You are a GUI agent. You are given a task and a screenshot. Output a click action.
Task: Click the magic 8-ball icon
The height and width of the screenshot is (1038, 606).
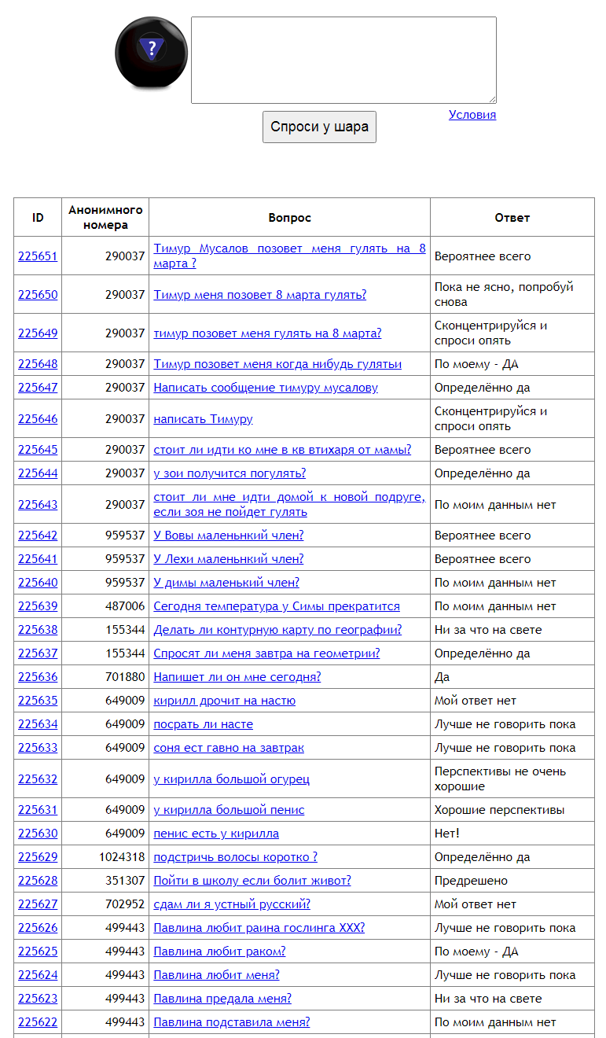[x=152, y=53]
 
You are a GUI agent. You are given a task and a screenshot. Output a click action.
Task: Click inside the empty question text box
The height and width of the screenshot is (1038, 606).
[x=343, y=60]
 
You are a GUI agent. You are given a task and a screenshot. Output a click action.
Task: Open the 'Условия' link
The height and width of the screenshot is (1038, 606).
[x=472, y=115]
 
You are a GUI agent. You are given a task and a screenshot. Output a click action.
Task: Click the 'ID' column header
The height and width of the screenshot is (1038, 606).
[x=38, y=218]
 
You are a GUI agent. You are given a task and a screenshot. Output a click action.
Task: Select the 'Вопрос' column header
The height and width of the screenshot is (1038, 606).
[x=289, y=218]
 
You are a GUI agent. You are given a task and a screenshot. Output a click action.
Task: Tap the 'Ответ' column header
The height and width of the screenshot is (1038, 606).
[x=512, y=218]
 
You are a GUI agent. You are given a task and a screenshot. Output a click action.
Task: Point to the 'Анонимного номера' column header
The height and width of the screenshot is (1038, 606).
[x=105, y=217]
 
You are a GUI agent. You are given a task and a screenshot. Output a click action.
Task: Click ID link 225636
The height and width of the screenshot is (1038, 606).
[x=38, y=677]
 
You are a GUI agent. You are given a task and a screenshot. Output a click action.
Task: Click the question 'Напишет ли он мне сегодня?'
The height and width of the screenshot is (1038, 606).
[x=237, y=677]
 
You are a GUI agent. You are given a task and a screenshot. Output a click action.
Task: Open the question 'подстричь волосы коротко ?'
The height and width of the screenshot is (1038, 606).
[x=236, y=857]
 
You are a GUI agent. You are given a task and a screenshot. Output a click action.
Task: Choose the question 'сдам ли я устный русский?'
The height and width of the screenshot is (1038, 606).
[x=232, y=904]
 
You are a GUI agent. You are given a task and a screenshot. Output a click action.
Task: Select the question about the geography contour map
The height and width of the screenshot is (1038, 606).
[x=277, y=630]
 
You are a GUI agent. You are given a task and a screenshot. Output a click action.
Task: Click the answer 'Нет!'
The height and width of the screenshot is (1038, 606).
[x=447, y=834]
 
